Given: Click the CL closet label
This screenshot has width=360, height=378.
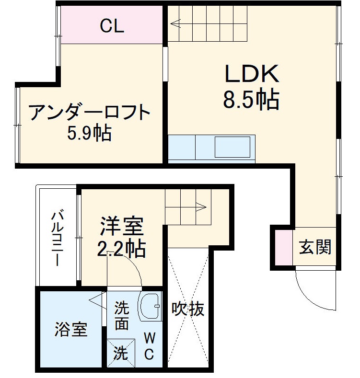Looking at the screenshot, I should pos(112,26).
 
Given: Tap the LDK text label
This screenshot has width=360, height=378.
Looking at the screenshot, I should pos(251,75).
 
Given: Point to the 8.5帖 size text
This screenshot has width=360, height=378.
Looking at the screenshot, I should pos(251,100).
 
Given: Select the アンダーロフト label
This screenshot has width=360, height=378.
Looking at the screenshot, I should pos(90,113).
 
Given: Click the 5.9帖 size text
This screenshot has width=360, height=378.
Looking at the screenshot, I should pos(90,133).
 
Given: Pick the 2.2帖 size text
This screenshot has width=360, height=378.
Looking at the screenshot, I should pos(121,248).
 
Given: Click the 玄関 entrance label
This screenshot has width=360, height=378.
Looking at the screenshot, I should pos(315,247).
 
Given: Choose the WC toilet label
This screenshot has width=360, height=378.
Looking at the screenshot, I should pos(150,347).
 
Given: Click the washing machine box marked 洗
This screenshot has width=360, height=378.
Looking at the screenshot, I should pos(120,354).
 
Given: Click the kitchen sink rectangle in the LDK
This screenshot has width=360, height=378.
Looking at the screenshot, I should pos(232,147).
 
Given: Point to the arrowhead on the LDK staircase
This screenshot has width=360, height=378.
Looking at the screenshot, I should pos(174,22).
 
